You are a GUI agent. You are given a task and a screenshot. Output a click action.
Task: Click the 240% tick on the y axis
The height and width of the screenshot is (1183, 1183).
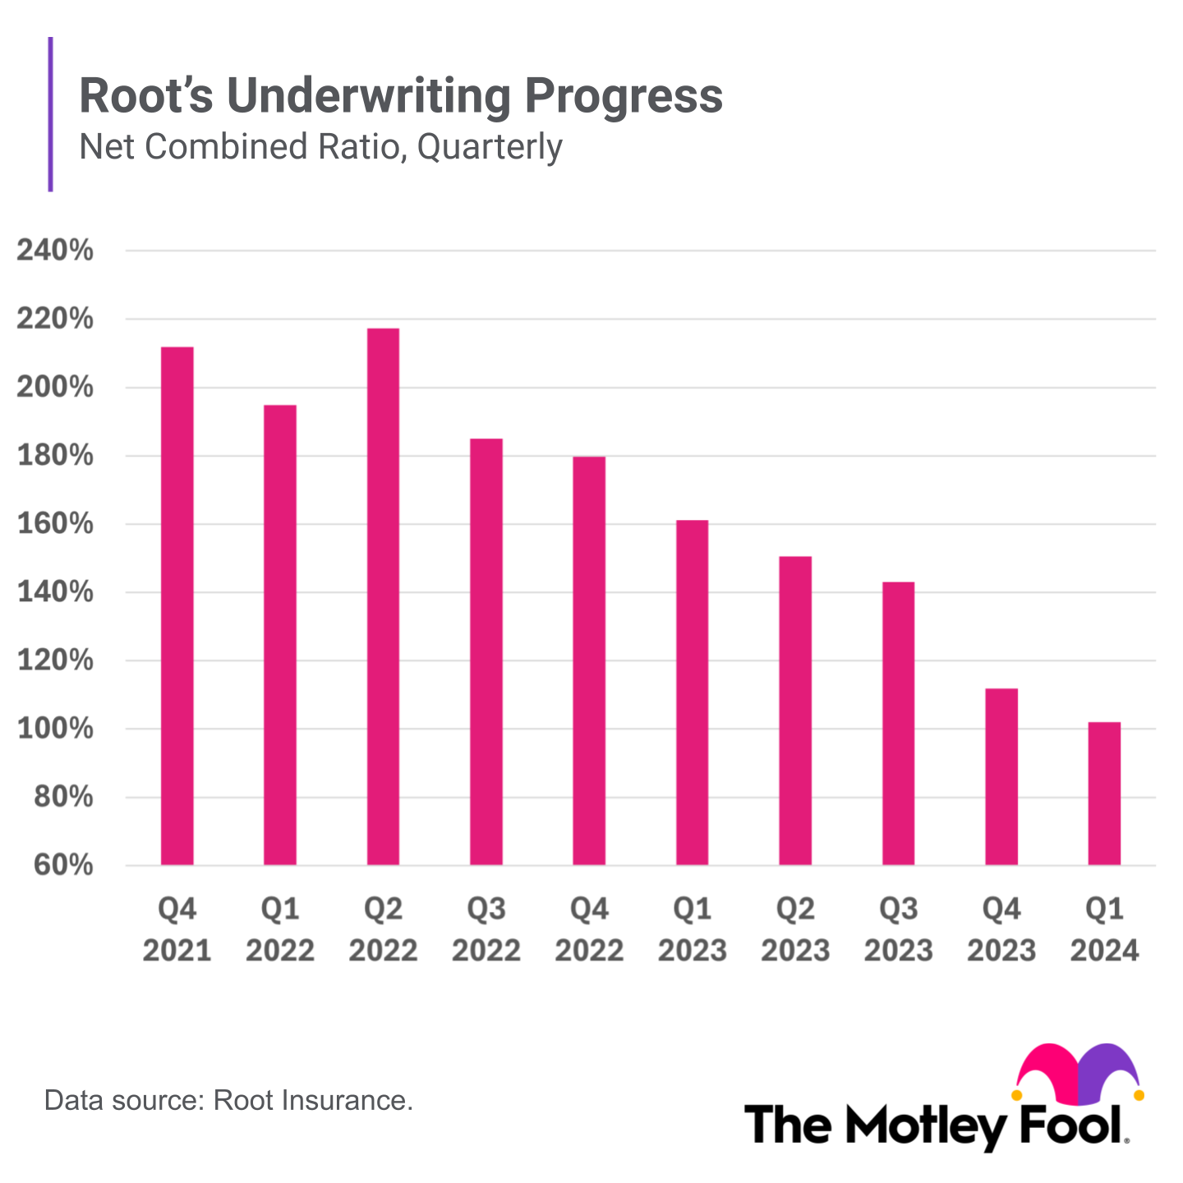point(55,251)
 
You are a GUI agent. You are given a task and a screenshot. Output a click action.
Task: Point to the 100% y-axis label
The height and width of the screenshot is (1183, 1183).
point(55,729)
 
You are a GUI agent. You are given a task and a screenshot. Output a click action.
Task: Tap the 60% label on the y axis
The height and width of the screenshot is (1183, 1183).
point(63,865)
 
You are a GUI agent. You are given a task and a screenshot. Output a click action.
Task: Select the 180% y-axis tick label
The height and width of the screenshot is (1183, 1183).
point(55,456)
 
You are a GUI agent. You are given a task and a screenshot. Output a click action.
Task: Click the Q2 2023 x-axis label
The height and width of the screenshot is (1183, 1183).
point(795,930)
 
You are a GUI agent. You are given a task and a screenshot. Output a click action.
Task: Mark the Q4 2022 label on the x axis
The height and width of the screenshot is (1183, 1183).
point(589,930)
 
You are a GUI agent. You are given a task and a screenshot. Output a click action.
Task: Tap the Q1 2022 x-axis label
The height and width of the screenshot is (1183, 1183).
point(280,930)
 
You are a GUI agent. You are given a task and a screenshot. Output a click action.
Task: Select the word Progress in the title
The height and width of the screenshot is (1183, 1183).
point(624,96)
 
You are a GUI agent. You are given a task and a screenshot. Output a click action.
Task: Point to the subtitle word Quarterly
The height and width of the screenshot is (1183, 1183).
point(490,147)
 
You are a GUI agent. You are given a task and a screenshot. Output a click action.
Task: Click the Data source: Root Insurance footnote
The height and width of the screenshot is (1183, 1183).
point(228,1100)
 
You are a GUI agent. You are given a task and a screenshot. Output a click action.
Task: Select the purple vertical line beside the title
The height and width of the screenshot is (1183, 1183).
point(51,114)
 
